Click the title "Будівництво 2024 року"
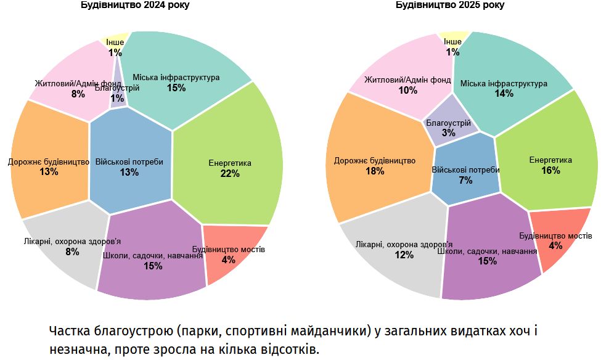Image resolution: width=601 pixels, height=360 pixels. (135, 5)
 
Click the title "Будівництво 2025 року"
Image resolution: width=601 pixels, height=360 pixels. (449, 5)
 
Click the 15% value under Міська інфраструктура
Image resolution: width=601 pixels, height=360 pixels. (176, 88)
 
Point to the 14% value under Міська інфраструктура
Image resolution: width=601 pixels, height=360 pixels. (504, 94)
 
